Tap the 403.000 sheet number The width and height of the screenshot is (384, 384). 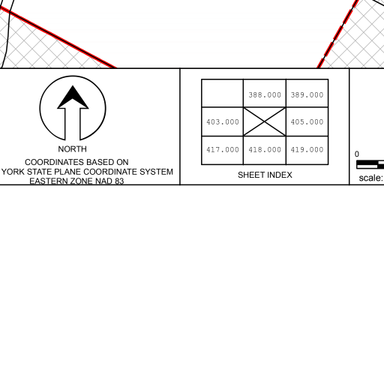point(223,121)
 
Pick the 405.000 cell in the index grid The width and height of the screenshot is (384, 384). point(307,121)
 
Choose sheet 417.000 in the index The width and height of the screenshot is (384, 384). point(223,150)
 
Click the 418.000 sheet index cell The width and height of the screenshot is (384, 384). point(265,150)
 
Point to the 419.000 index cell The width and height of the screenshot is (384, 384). point(307,150)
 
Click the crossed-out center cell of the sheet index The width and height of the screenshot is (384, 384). point(265,121)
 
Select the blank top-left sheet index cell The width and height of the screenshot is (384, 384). point(223,93)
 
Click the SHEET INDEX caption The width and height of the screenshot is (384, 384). point(265,175)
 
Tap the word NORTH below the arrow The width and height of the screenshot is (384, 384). point(73,149)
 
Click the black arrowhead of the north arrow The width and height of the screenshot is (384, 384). point(73,97)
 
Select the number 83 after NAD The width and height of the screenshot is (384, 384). point(119,181)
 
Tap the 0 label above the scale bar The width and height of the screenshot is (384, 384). point(357,154)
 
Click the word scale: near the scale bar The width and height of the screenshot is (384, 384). point(371,178)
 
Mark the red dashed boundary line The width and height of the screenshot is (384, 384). point(338,34)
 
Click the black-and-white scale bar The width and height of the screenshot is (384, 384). point(370,164)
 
